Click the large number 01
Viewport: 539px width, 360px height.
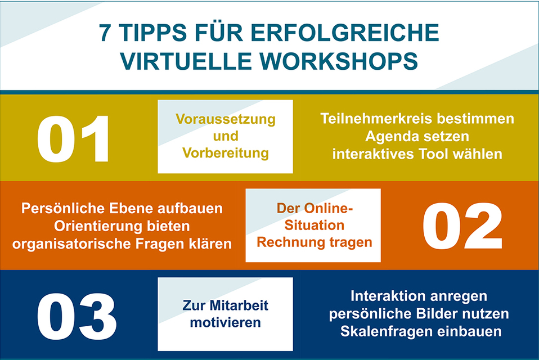[x=74, y=138]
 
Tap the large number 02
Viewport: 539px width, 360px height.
[x=462, y=226]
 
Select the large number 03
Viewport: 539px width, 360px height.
[x=77, y=315]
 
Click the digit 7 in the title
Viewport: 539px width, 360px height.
[x=105, y=33]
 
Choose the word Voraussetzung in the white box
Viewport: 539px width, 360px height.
[x=225, y=119]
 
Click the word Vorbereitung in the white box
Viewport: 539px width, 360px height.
[x=225, y=153]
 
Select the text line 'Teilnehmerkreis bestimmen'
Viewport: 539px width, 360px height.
[x=417, y=119]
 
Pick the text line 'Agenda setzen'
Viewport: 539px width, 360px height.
[x=417, y=136]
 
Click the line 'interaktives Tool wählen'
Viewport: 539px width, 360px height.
[x=417, y=154]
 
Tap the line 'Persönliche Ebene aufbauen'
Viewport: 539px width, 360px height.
[x=122, y=208]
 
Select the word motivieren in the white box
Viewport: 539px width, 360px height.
[x=225, y=323]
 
